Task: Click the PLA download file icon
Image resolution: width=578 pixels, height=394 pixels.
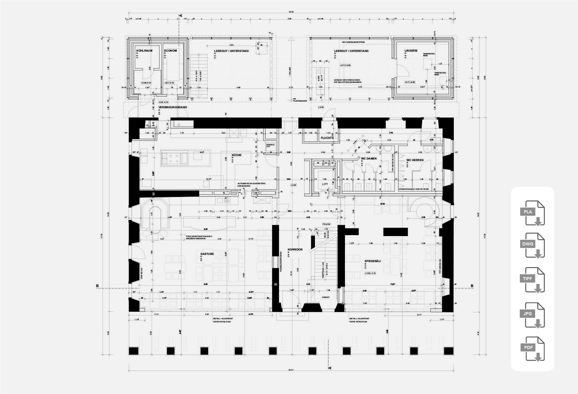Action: (x=532, y=213)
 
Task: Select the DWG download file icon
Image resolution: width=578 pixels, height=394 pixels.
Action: (x=532, y=245)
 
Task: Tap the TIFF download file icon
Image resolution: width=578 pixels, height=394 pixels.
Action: (x=532, y=280)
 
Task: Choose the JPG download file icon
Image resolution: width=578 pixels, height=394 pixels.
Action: (x=532, y=315)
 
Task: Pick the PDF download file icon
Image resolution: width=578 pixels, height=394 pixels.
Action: (x=532, y=349)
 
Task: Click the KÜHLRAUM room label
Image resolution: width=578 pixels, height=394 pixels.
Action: (x=144, y=51)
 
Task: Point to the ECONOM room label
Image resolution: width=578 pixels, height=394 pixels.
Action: (x=170, y=51)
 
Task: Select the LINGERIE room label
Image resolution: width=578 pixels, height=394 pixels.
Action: (x=411, y=51)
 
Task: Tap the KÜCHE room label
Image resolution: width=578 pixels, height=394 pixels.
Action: (x=236, y=155)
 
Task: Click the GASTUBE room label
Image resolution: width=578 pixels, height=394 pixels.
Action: (x=207, y=254)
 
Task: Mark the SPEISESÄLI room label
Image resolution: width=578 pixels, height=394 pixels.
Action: (x=373, y=261)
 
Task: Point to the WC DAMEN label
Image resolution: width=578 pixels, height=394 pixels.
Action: (x=369, y=159)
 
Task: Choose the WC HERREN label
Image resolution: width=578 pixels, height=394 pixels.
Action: (x=415, y=160)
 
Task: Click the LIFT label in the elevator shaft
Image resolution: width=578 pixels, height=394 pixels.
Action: (x=325, y=184)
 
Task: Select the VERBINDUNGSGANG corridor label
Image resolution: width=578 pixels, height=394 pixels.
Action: (x=173, y=107)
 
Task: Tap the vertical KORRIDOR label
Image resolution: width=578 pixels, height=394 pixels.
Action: (x=295, y=250)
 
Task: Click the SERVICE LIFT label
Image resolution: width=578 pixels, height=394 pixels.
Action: (x=270, y=146)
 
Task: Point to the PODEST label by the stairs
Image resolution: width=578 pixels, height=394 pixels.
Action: (x=326, y=297)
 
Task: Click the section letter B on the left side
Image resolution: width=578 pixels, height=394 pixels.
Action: (x=97, y=286)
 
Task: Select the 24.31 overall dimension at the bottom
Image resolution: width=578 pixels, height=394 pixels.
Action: (x=291, y=371)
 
